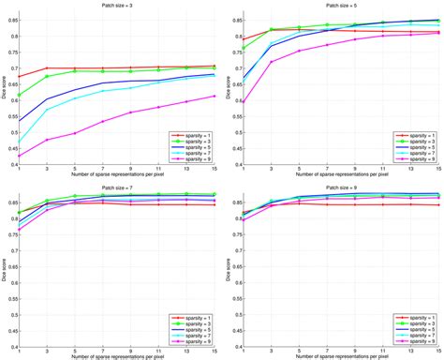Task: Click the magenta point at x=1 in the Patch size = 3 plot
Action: click(x=18, y=156)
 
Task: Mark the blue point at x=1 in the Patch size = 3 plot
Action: click(x=18, y=121)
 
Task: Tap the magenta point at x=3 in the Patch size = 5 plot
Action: click(x=271, y=62)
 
